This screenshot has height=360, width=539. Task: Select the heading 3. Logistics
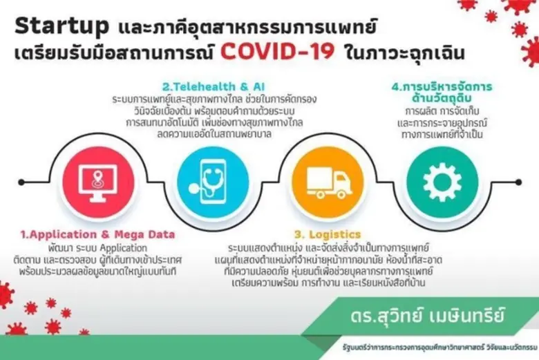327,235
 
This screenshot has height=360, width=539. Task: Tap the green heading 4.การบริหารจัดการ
442,87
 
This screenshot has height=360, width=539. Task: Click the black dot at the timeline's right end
518,182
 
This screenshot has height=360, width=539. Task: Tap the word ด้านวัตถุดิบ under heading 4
442,101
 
